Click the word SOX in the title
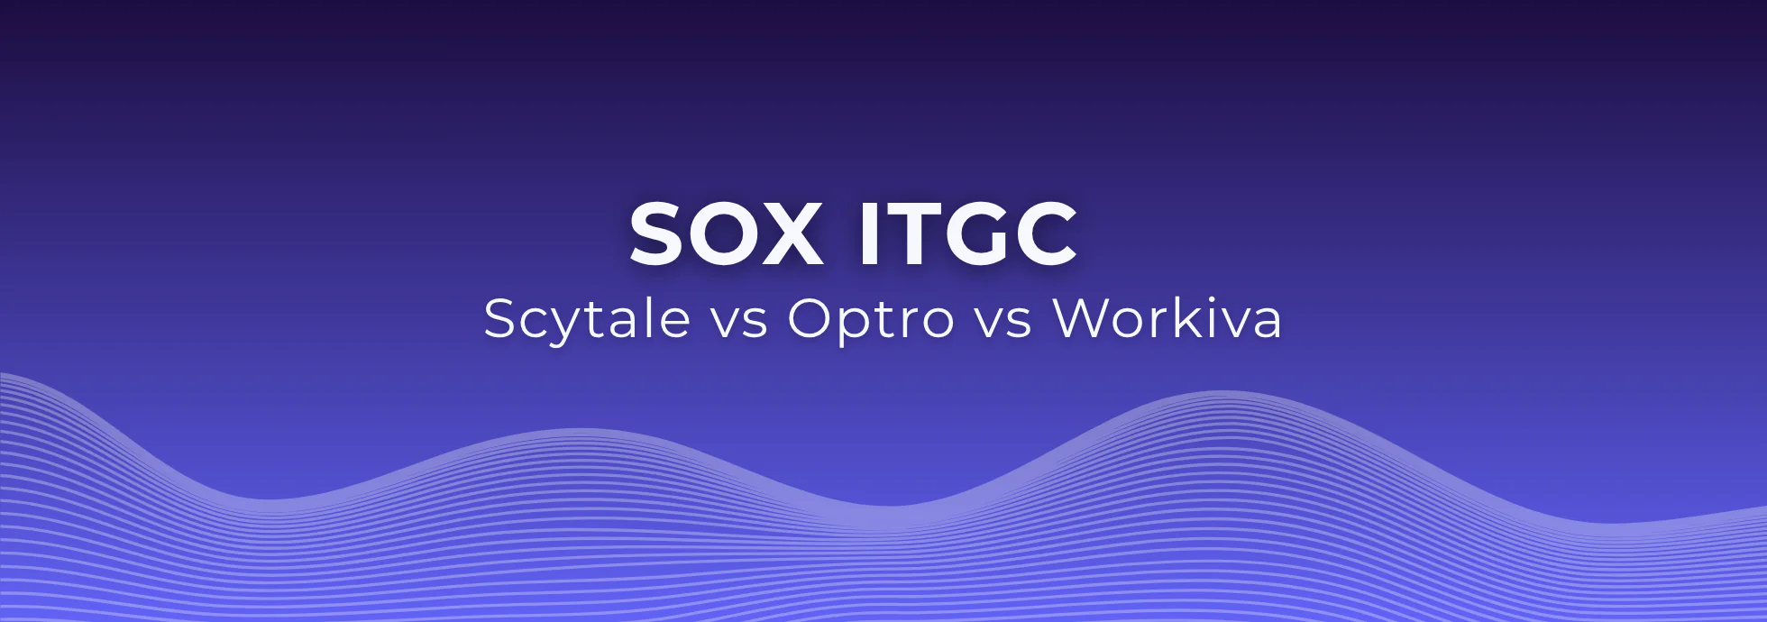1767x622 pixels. pos(726,234)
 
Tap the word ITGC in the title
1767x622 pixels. pos(966,234)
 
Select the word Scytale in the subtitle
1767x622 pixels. pos(587,318)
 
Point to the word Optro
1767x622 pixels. pos(871,318)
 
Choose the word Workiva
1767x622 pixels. pos(1167,318)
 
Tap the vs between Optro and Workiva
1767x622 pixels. pos(1003,321)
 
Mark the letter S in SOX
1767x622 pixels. pos(657,234)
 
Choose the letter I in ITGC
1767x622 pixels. pos(867,234)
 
